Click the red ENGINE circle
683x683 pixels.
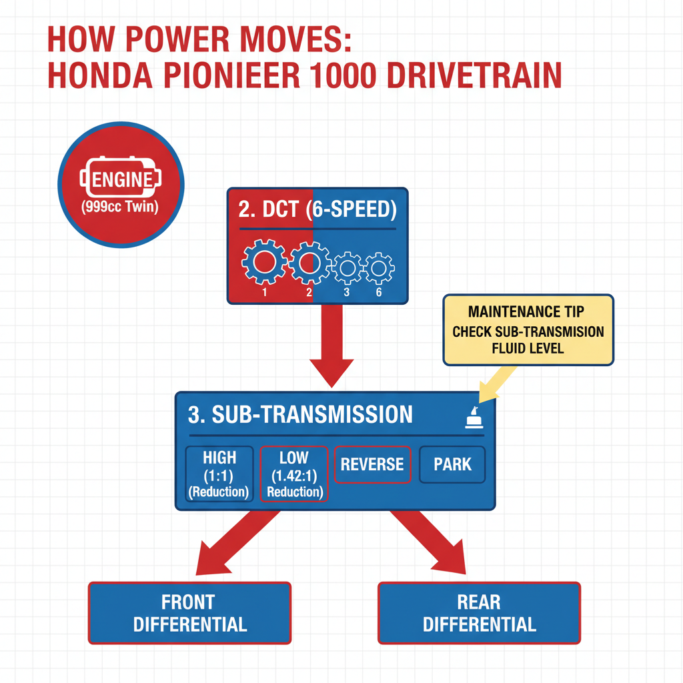point(121,184)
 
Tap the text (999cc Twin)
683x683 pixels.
point(120,207)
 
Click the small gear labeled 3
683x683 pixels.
point(347,268)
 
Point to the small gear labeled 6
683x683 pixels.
point(378,268)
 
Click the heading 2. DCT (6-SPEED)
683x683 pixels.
point(317,210)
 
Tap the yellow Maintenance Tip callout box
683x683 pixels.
point(528,329)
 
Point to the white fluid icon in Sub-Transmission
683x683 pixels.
point(474,418)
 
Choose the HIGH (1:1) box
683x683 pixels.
point(219,474)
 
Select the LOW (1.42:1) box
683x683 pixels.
point(293,474)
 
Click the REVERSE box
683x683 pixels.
point(372,464)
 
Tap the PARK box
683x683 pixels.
point(452,464)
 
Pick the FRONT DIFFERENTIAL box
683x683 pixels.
point(189,613)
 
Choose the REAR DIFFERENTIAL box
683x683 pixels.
point(479,613)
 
